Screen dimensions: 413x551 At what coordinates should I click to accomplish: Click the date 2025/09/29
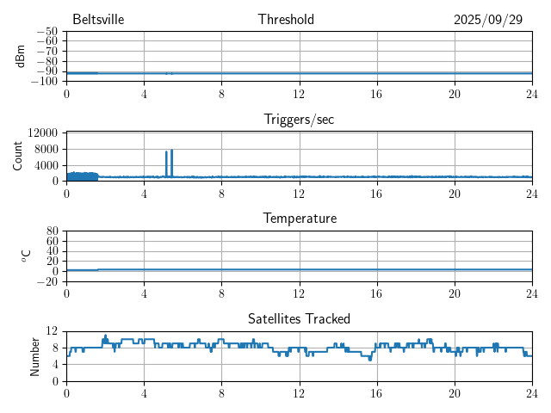(488, 20)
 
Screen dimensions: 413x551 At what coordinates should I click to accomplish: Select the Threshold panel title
(286, 20)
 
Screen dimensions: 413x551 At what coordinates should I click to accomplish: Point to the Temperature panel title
(299, 219)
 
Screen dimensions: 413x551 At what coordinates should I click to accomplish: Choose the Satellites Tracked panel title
(299, 319)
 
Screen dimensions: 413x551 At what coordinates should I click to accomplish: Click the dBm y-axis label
(21, 56)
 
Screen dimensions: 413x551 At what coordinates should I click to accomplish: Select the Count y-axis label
(18, 156)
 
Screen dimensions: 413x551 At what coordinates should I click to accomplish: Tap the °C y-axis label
(26, 256)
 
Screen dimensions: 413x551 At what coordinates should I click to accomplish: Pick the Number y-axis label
(35, 355)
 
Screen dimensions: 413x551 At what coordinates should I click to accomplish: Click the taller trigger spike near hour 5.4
(172, 151)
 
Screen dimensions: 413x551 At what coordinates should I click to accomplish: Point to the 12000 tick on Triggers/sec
(43, 133)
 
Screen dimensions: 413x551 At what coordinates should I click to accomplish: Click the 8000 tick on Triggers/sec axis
(46, 149)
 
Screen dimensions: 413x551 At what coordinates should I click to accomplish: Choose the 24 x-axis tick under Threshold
(531, 94)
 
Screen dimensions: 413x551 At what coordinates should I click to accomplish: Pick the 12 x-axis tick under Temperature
(299, 293)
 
